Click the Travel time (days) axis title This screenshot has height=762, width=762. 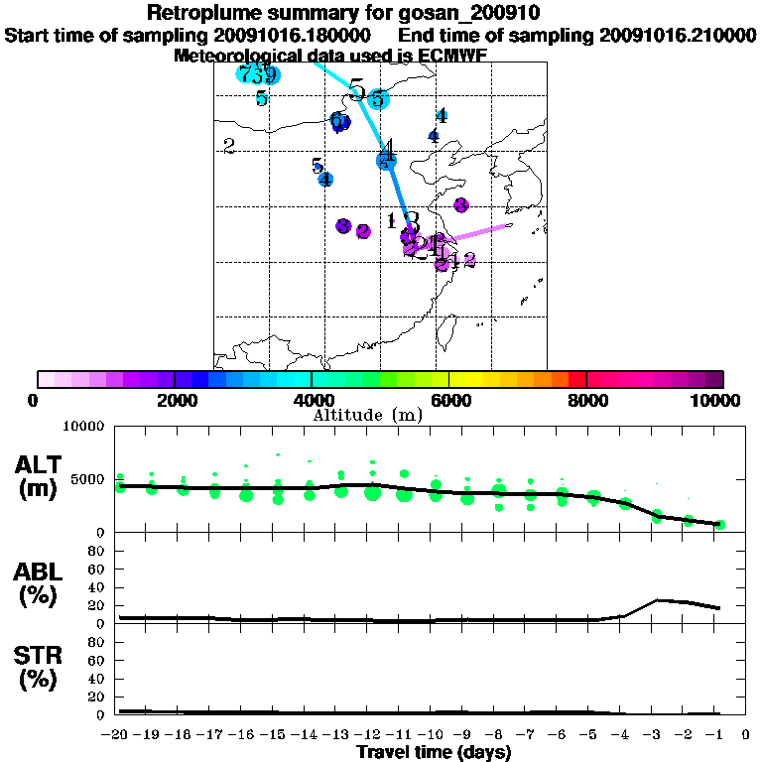pos(435,753)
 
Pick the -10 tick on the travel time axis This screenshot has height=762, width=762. pos(435,735)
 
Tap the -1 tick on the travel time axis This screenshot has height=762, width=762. pos(719,735)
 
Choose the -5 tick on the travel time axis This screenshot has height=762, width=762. pos(593,735)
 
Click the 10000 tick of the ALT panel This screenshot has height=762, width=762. pos(83,428)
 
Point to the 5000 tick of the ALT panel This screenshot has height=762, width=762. pos(88,480)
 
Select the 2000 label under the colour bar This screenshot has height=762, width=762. pos(174,401)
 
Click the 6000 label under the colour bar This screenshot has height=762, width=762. pos(448,401)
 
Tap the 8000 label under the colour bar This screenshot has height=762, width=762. pos(586,401)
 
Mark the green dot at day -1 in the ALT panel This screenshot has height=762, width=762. pos(720,524)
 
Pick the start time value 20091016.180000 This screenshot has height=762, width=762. pos(298,35)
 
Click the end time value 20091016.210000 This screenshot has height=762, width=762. pos(678,35)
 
